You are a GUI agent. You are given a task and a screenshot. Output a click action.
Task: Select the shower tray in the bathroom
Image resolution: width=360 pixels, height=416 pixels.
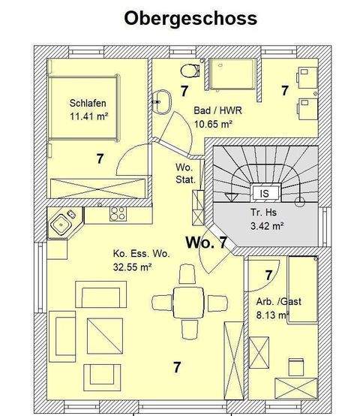234,75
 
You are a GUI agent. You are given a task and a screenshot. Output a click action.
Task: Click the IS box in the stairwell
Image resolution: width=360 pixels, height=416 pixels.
264,192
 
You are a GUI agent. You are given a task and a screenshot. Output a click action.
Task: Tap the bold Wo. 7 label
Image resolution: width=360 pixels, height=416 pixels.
206,243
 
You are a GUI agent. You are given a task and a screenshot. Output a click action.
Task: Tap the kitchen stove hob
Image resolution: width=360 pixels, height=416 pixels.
117,214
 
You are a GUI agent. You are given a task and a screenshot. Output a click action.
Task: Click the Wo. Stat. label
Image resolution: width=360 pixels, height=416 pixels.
185,173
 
